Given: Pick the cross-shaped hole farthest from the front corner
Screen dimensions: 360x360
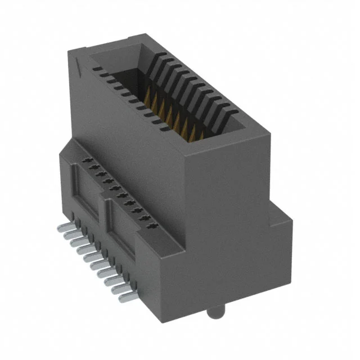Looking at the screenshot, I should [87, 161].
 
